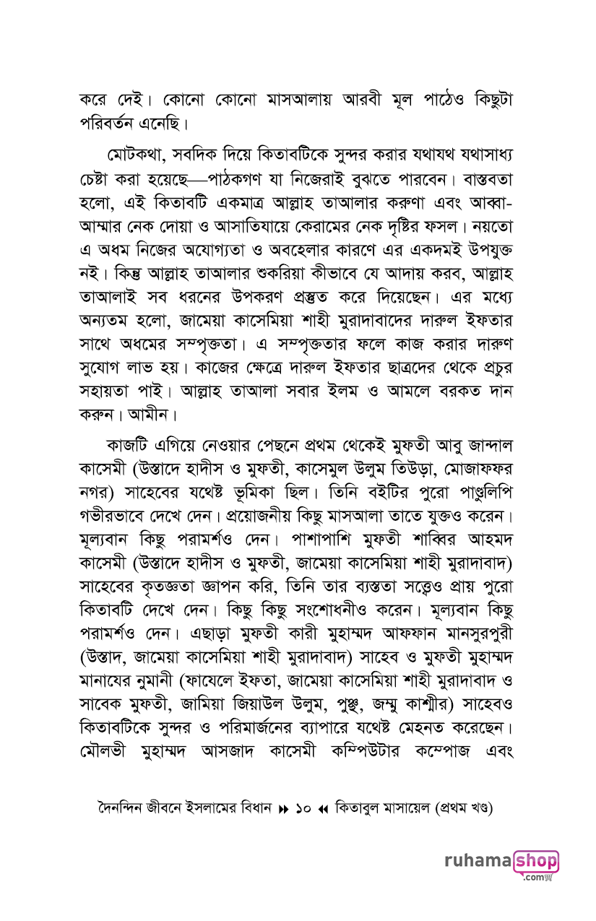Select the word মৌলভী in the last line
[108, 725]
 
